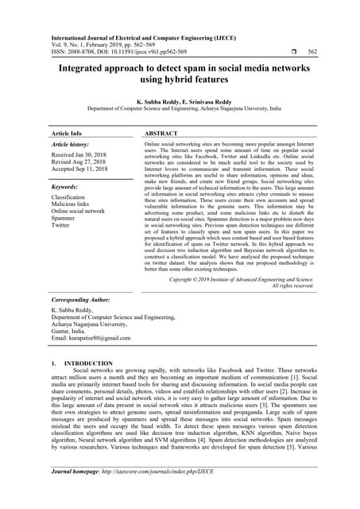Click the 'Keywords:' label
click(x=64, y=187)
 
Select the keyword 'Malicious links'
click(x=72, y=204)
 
